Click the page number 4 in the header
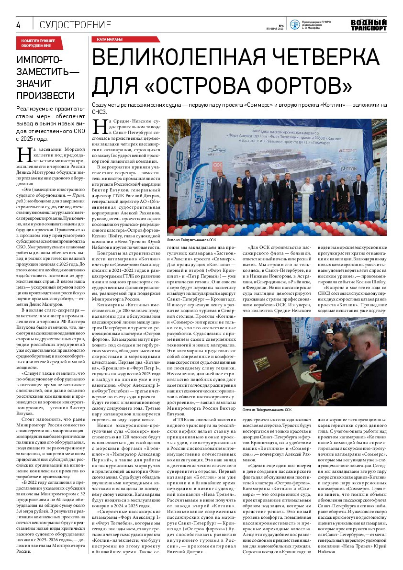tap(18, 25)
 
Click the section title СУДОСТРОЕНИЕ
tap(75, 25)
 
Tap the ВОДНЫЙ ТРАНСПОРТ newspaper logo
tap(368, 25)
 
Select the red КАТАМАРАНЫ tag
tap(110, 40)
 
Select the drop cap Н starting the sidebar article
tap(23, 156)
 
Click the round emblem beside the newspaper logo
tap(293, 24)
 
